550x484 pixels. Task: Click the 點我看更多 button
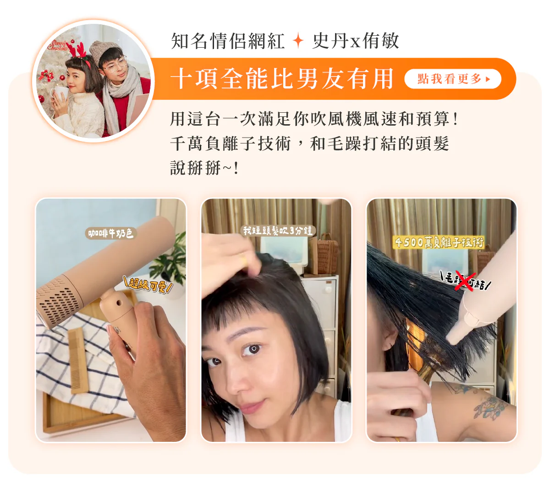(452, 79)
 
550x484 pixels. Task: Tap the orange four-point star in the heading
(298, 41)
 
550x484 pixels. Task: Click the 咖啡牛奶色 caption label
(111, 233)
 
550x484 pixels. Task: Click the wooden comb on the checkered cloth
(78, 360)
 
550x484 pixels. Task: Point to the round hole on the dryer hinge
(118, 302)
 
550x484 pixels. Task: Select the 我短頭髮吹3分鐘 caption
(278, 231)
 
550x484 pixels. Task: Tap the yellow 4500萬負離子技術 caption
(439, 242)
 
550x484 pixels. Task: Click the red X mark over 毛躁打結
(465, 281)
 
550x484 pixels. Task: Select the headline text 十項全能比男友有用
(282, 79)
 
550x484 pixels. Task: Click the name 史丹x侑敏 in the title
(356, 41)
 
